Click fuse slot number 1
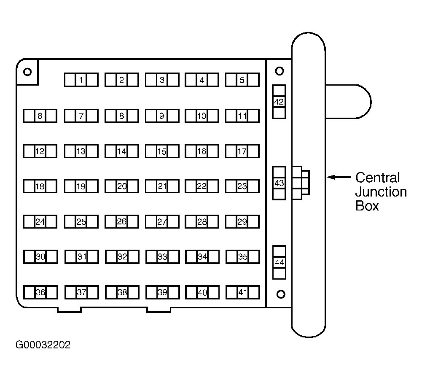(x=81, y=80)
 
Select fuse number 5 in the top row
(x=242, y=80)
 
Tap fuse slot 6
(x=40, y=116)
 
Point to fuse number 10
(x=202, y=116)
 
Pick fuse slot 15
(x=162, y=151)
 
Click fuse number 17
(x=242, y=151)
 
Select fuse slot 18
(x=40, y=186)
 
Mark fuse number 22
(x=202, y=186)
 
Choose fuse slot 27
(x=162, y=222)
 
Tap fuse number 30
(x=40, y=257)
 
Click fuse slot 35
(x=243, y=257)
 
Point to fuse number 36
(x=40, y=292)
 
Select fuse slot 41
(x=243, y=292)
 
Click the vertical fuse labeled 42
(x=279, y=102)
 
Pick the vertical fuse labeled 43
(x=279, y=183)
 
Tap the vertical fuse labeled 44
(x=280, y=262)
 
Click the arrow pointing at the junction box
(x=339, y=177)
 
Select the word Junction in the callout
(x=381, y=192)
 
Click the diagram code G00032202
(x=43, y=345)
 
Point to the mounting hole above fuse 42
(x=280, y=71)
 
